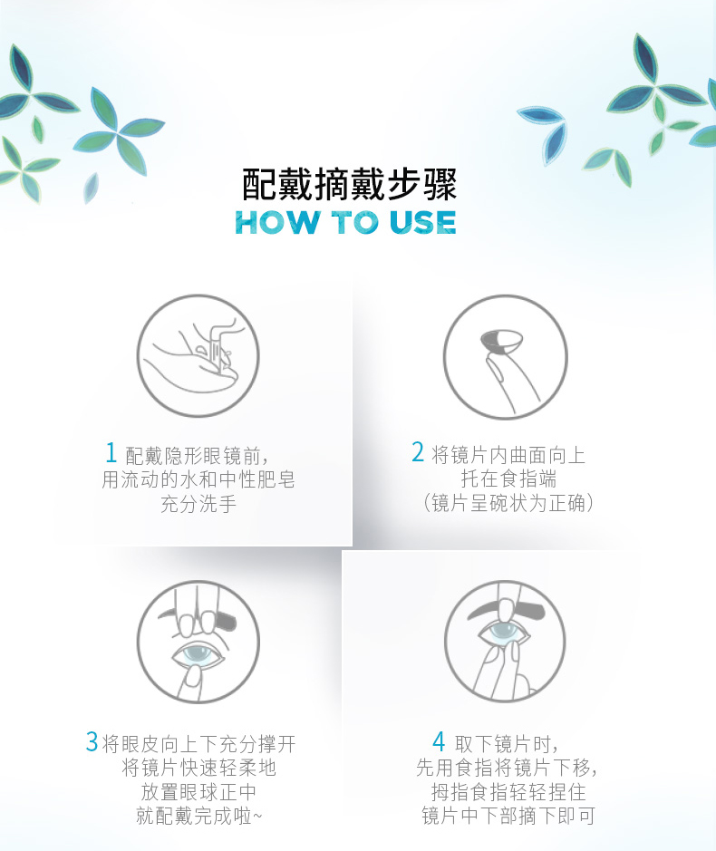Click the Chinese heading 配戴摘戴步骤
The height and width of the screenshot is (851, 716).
pos(349,185)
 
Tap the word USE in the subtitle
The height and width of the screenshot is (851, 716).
pos(423,223)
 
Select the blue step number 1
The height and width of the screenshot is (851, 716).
pos(111,452)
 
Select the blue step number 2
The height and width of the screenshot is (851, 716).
pos(418,451)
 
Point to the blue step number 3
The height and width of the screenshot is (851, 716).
pos(92,741)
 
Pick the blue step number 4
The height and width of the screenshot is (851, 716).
pos(439,740)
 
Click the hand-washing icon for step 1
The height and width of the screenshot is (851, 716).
pos(198,356)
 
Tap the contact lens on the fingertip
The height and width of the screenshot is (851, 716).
pos(501,342)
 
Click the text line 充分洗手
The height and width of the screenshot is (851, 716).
pos(198,504)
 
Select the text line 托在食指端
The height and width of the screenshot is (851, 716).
pos(508,479)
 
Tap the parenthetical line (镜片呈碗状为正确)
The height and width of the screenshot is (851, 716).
pos(508,503)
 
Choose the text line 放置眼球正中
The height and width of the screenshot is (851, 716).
pos(198,792)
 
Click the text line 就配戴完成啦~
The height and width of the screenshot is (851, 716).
pos(198,816)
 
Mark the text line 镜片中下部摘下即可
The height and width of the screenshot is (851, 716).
pos(508,816)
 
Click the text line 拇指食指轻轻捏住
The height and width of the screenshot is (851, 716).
pos(508,792)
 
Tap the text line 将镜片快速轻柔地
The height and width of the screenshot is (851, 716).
pos(198,768)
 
